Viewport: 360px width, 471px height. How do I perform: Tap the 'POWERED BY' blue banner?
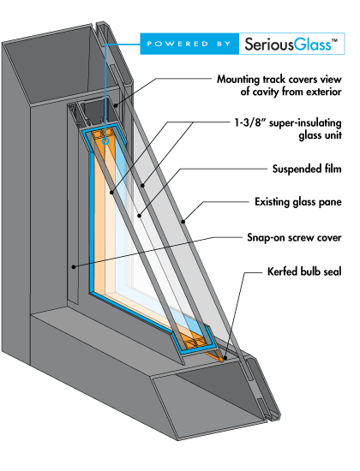click(x=189, y=44)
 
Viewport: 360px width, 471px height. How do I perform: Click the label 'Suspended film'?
click(x=307, y=169)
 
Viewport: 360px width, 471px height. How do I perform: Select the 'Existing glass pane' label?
click(x=298, y=202)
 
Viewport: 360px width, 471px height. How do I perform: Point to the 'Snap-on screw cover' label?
click(x=294, y=237)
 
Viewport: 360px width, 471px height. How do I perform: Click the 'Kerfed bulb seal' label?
click(x=304, y=271)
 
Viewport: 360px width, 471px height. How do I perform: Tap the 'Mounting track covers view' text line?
click(x=279, y=80)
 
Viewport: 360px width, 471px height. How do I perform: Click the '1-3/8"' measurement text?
click(x=249, y=122)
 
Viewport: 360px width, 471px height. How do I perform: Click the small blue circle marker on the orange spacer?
click(x=105, y=141)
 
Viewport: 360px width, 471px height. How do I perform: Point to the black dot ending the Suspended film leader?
click(x=139, y=216)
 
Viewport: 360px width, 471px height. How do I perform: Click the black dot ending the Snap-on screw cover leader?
click(x=74, y=266)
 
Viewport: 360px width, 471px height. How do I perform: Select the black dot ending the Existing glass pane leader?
click(x=183, y=222)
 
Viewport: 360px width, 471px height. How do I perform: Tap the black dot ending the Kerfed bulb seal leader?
click(x=225, y=358)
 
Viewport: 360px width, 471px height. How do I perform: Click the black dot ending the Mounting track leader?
click(x=116, y=105)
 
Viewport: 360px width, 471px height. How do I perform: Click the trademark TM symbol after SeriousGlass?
click(x=334, y=40)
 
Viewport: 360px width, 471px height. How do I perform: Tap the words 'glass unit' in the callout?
click(x=320, y=135)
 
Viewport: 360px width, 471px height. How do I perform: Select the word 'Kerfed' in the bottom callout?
click(x=282, y=271)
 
